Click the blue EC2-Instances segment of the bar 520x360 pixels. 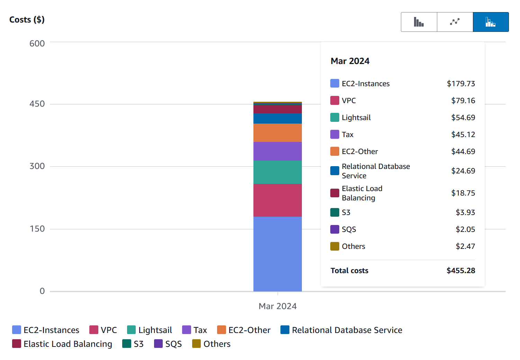click(x=277, y=254)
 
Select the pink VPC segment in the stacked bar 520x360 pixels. click(x=277, y=200)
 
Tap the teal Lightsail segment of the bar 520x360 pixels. click(x=277, y=172)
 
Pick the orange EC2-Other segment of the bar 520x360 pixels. click(x=277, y=133)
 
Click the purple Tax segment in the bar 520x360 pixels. click(x=277, y=151)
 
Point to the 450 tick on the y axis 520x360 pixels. click(x=37, y=104)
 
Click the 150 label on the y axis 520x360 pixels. click(x=37, y=229)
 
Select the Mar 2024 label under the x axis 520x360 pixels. click(x=277, y=306)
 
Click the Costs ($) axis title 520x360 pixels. click(x=27, y=20)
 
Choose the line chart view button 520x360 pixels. click(x=455, y=22)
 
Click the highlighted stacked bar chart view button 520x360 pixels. click(x=491, y=22)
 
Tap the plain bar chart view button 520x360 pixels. click(x=419, y=22)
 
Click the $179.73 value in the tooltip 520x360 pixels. click(x=461, y=84)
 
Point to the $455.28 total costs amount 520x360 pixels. click(x=461, y=271)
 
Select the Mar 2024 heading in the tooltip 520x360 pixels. click(x=350, y=61)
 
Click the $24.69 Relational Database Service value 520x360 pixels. click(x=463, y=171)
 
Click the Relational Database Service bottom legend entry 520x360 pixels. click(x=341, y=330)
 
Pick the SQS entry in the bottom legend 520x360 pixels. click(x=168, y=344)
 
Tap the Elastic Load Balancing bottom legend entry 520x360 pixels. click(x=62, y=344)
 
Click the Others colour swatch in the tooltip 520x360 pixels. click(x=335, y=246)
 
